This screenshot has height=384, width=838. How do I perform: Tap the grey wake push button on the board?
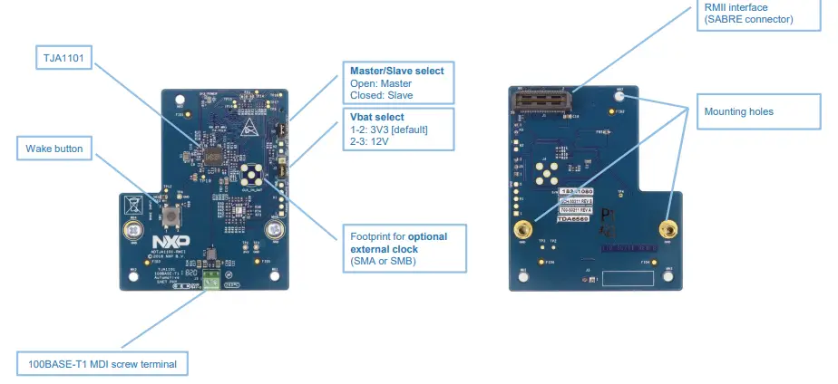pyautogui.click(x=171, y=216)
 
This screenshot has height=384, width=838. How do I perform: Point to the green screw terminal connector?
pyautogui.click(x=211, y=278)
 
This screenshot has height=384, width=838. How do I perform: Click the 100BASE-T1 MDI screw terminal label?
pyautogui.click(x=102, y=365)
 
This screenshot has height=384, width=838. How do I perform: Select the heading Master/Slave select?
pyautogui.click(x=396, y=71)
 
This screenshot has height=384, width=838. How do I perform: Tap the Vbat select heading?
pyautogui.click(x=376, y=117)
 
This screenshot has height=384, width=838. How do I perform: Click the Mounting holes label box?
pyautogui.click(x=738, y=112)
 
